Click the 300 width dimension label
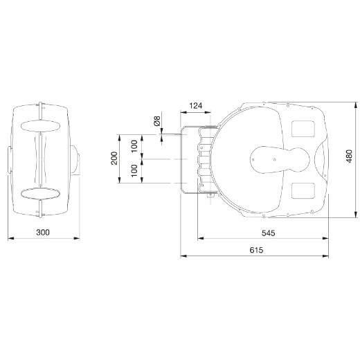(x=43, y=232)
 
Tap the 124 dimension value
(x=196, y=106)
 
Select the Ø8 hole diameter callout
(x=157, y=121)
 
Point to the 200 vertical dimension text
(x=114, y=158)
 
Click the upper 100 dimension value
(x=134, y=146)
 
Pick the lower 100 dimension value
(x=134, y=171)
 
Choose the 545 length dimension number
(x=269, y=233)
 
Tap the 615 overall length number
(x=256, y=250)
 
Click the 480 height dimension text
(x=349, y=156)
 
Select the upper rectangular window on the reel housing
(x=303, y=129)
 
